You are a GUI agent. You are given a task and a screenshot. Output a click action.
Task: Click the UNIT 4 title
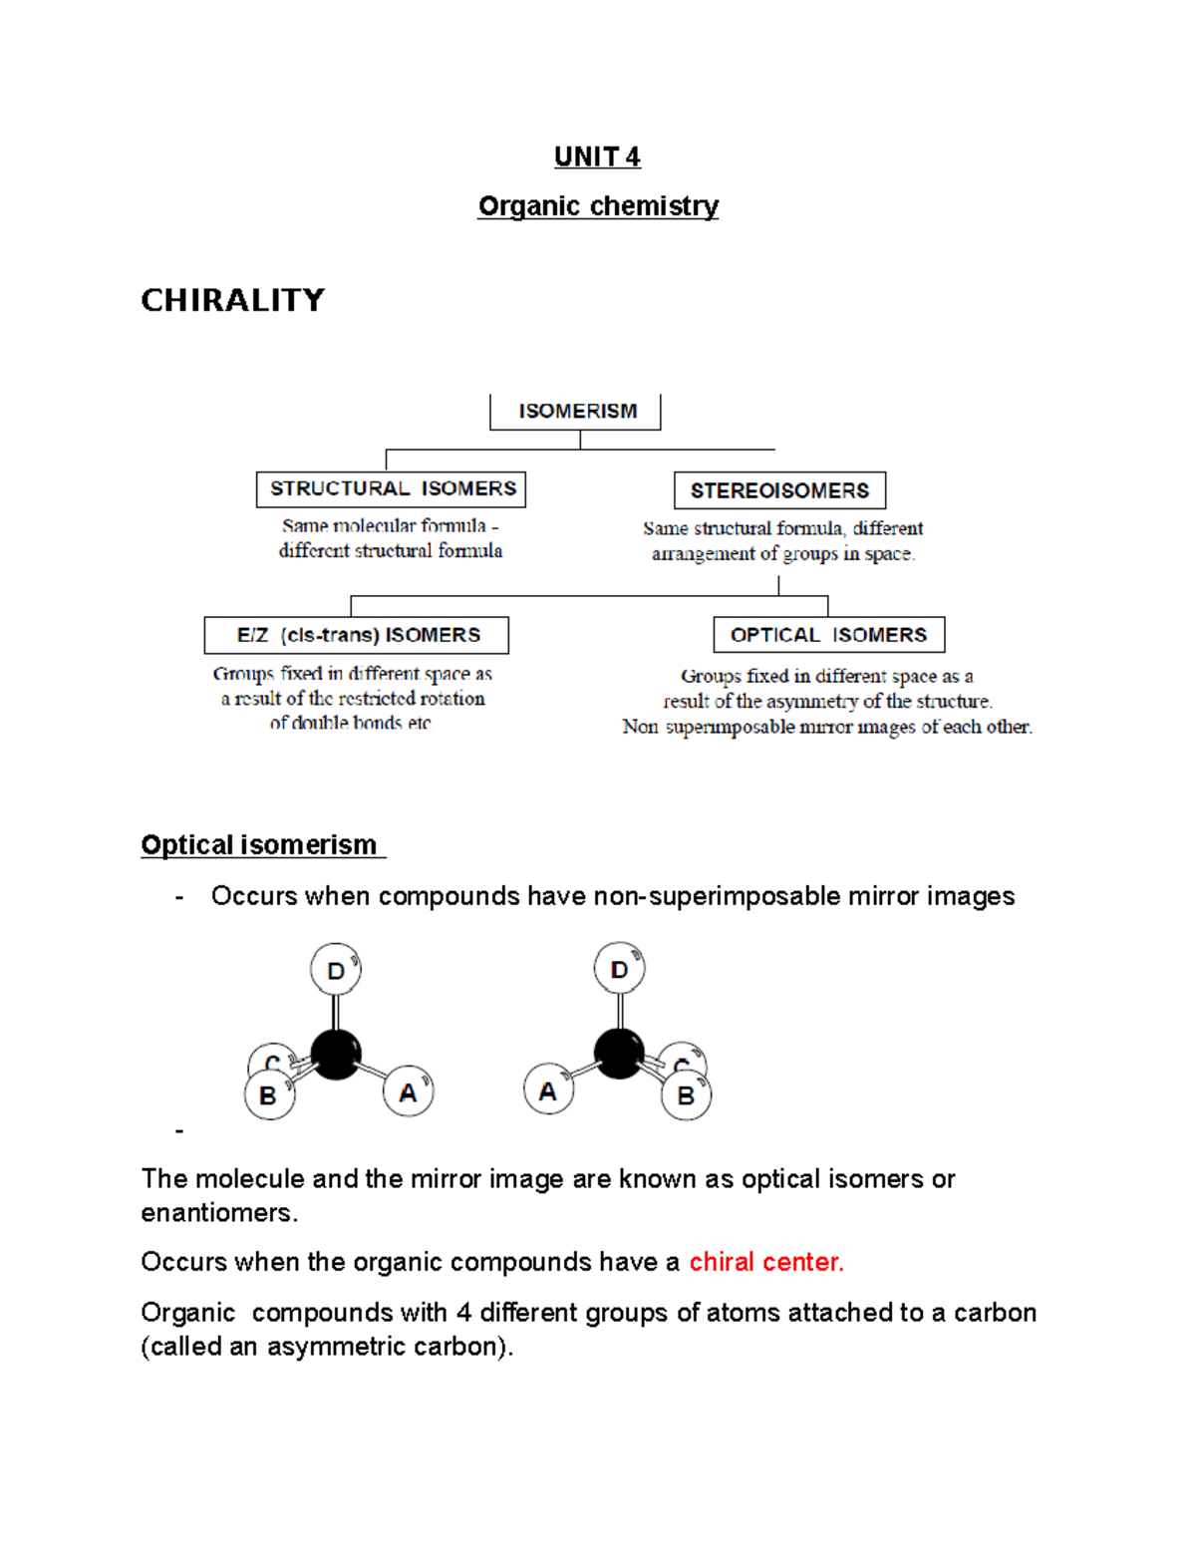[597, 156]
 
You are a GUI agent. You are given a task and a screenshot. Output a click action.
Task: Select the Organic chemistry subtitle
[598, 206]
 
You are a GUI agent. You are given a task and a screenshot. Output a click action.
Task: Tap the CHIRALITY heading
[232, 300]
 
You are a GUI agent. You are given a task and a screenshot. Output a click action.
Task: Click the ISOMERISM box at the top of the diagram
[576, 411]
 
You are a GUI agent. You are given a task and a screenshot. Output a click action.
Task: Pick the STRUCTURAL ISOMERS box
[392, 488]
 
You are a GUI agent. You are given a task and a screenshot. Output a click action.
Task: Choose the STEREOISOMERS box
[779, 490]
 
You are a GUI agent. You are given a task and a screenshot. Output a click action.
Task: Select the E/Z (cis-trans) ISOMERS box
[357, 635]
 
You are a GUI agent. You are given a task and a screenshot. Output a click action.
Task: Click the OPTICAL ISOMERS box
[828, 635]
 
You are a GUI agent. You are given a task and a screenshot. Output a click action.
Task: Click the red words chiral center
[765, 1262]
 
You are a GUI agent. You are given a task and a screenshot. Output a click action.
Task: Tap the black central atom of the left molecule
[336, 1055]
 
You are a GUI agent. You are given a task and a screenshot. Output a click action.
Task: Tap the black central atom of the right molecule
[619, 1054]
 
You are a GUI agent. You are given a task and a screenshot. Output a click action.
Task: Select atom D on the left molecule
[336, 970]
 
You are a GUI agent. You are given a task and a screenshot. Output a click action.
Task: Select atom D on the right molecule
[619, 969]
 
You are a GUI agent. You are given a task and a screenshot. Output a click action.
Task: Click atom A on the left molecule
[408, 1091]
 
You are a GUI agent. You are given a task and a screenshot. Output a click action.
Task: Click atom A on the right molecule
[548, 1090]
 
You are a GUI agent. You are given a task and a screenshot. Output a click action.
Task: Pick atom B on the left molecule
[268, 1095]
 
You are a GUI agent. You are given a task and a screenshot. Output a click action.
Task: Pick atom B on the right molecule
[686, 1095]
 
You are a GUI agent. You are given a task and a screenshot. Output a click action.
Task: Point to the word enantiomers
[217, 1213]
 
